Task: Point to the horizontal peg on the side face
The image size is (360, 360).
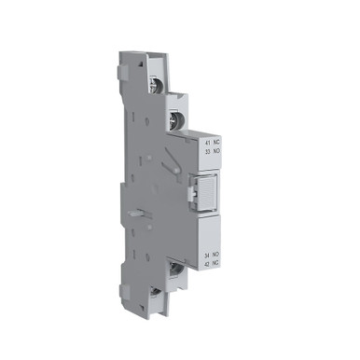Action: [x=136, y=213]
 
